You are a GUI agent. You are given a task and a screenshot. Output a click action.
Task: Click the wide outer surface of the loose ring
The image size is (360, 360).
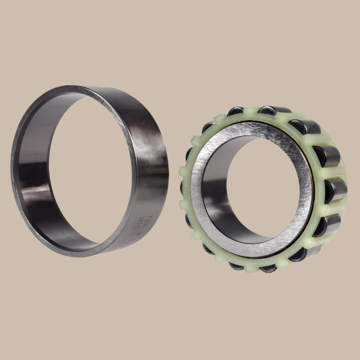point(149,154)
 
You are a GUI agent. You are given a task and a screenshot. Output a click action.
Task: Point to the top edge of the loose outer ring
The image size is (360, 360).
point(87,87)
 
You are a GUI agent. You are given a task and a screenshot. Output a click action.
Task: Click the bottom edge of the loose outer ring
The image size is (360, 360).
point(93,254)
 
